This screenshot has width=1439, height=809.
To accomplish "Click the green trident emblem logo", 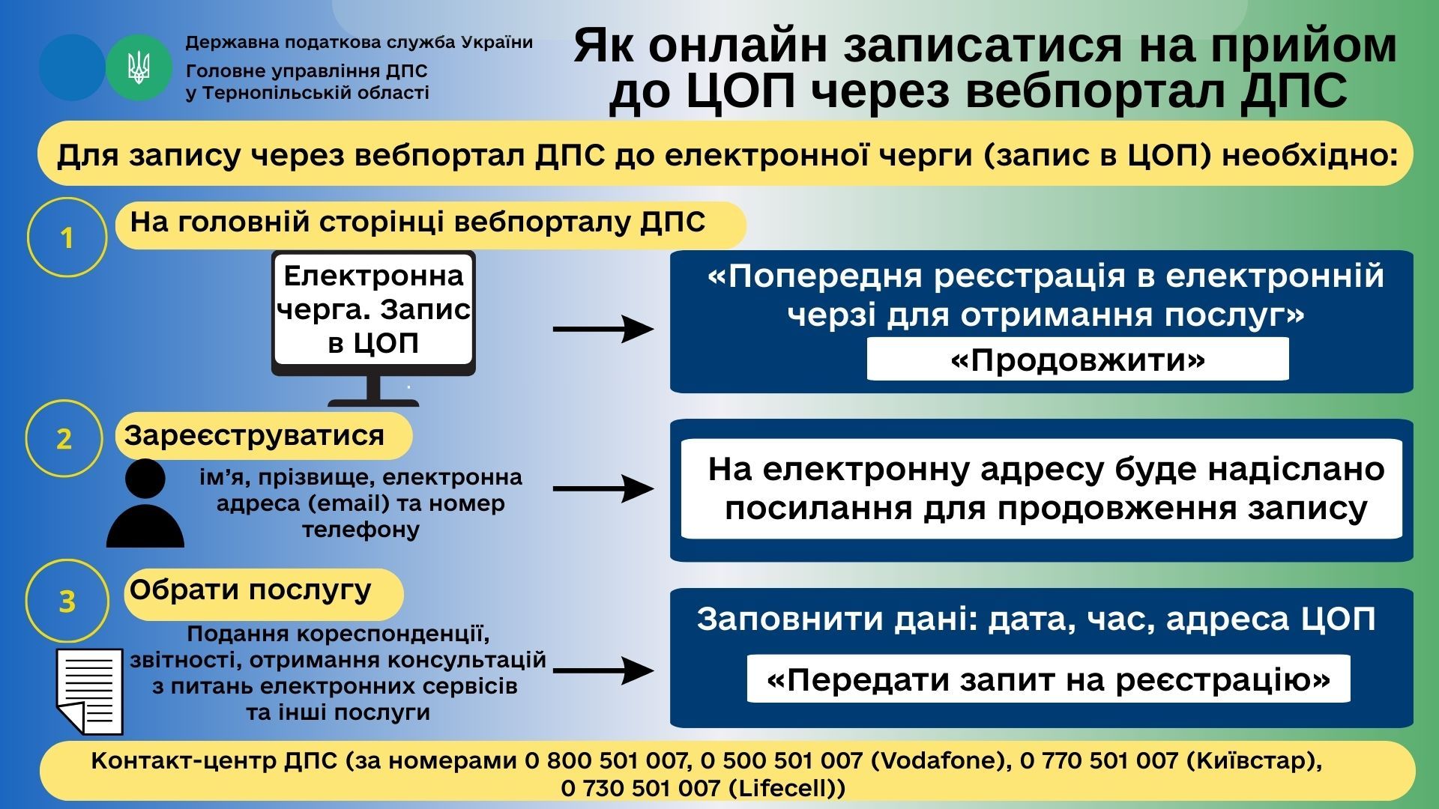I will [x=139, y=68].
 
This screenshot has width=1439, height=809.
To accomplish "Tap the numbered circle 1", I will [x=67, y=237].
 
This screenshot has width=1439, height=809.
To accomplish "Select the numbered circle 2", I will [x=64, y=438].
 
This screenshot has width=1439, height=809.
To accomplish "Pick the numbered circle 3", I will [x=67, y=601].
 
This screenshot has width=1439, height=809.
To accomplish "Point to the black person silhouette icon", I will [x=145, y=503].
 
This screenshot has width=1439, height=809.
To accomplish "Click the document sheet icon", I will [x=90, y=691].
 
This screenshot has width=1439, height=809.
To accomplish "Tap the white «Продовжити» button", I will [x=1077, y=360].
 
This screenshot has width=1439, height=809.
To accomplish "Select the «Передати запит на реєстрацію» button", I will [x=1048, y=679].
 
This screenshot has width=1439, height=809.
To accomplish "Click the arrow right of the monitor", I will [x=603, y=329].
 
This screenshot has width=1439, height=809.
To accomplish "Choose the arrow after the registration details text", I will [x=603, y=488].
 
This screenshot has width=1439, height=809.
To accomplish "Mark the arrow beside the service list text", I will [x=603, y=670].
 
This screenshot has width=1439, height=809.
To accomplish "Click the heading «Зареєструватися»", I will [x=255, y=435].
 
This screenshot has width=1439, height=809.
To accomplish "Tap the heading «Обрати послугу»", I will [x=250, y=590].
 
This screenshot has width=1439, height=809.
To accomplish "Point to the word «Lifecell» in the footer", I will [x=786, y=788].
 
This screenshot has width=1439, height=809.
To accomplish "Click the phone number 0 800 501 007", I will [x=606, y=761].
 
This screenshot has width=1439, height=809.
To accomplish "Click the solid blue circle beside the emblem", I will [x=72, y=68].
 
